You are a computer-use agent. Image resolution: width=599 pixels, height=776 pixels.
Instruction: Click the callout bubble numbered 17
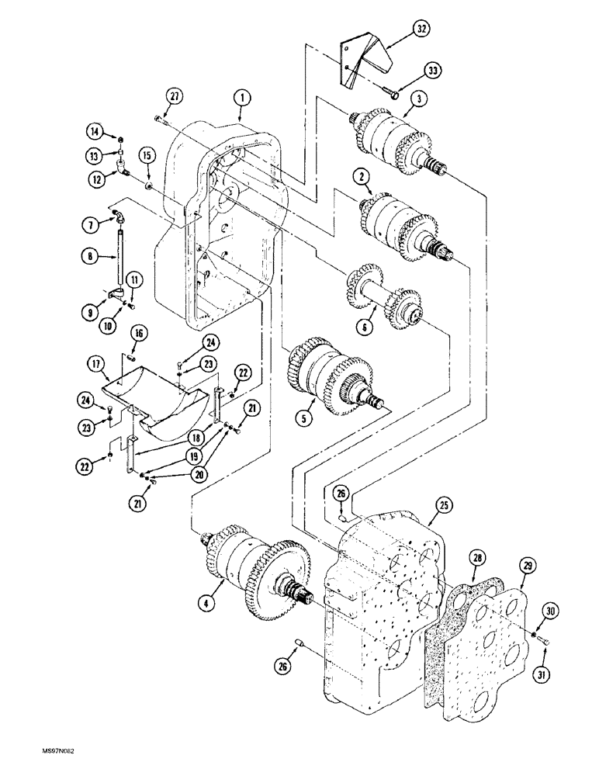point(95,362)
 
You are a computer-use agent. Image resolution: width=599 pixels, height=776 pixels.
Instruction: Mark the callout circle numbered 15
point(147,156)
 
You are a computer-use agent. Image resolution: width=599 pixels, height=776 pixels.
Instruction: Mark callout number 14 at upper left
point(95,130)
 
